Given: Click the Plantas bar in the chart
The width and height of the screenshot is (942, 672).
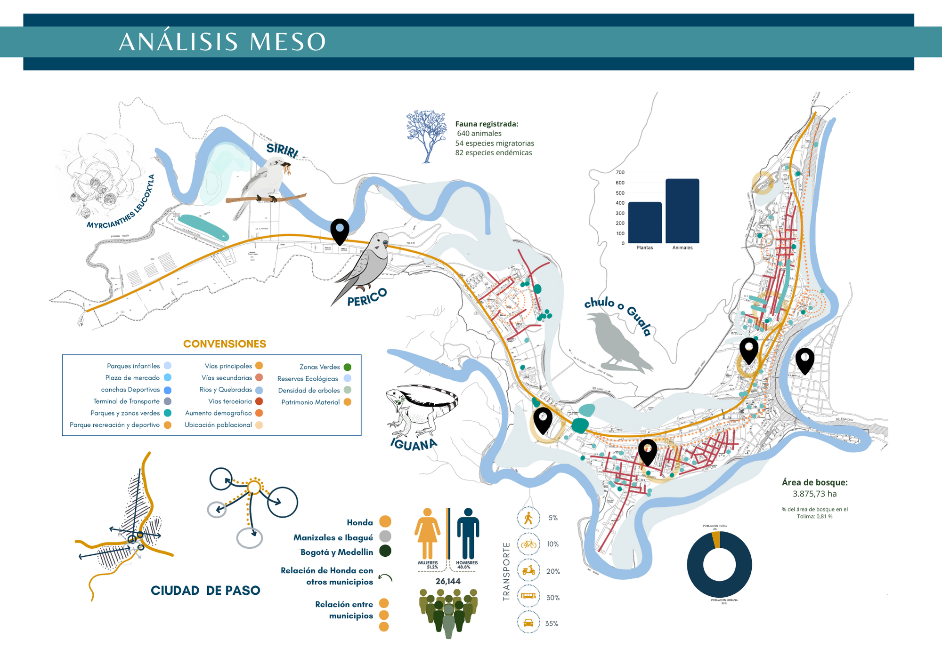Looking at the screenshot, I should tap(645, 223).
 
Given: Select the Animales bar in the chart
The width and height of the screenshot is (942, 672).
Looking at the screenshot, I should tap(682, 211).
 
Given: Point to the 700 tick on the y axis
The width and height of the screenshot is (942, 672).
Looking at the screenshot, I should tap(620, 172).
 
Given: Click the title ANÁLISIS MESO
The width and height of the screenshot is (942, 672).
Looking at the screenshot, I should tap(222, 42).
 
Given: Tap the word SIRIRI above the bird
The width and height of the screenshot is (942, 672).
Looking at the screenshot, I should tap(282, 151).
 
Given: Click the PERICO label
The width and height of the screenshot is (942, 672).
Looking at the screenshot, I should tap(367, 297).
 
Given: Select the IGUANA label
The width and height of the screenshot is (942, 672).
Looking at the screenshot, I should tap(414, 444).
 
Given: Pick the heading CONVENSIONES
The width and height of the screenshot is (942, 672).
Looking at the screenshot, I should tap(225, 344).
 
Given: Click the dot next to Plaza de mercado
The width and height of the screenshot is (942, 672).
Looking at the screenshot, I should tap(168, 377).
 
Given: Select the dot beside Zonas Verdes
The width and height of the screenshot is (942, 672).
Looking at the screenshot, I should tap(347, 367).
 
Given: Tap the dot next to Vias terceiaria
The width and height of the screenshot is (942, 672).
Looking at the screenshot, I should tap(259, 401).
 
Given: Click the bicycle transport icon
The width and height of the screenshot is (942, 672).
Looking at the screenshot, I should tap(528, 544).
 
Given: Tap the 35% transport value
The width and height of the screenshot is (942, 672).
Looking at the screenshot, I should tap(552, 624).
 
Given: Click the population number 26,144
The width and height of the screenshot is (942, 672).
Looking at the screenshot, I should tap(448, 581).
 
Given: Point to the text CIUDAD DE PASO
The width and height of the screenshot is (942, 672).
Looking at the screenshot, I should tap(205, 591).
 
